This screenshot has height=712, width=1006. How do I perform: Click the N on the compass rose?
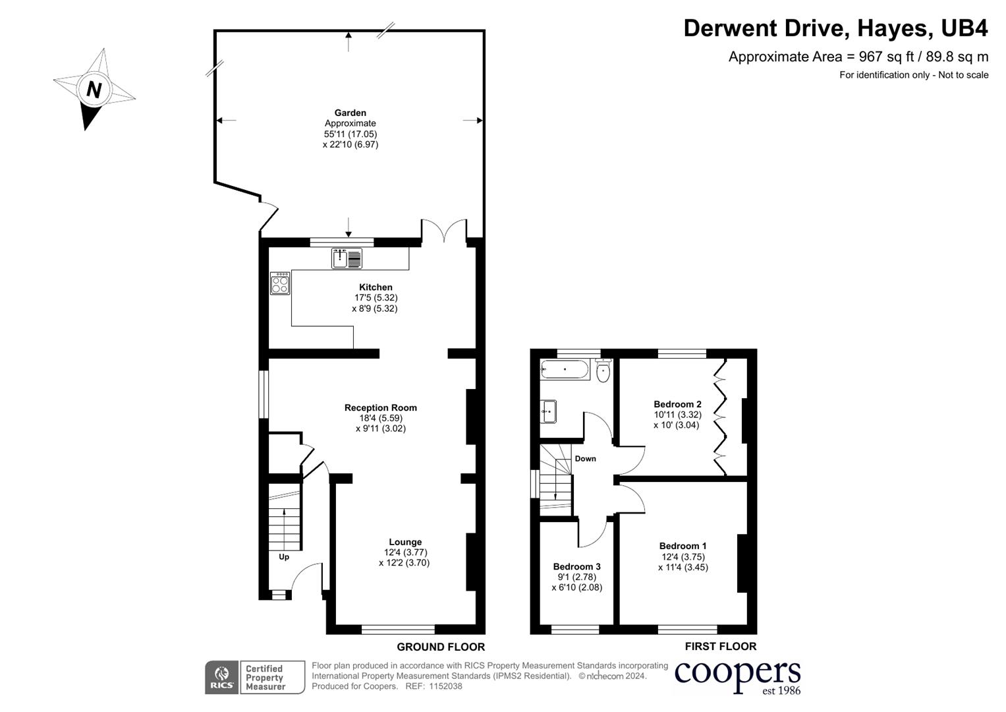pos(94,89)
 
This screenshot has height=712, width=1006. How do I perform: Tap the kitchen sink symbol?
pos(347,258)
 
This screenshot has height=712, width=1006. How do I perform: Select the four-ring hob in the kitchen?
pos(280,283)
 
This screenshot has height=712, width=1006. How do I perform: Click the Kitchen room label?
pos(376,287)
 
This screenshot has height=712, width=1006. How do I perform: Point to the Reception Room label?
pos(380,407)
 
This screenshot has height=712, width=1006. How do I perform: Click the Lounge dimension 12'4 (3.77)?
pos(405,552)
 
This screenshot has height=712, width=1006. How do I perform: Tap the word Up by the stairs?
pos(284,557)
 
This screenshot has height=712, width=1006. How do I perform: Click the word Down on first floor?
pos(585,459)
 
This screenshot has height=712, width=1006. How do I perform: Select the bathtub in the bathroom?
pos(565,370)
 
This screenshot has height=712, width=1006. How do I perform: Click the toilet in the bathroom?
pos(603,372)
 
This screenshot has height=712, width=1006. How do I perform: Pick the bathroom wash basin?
pos(548,411)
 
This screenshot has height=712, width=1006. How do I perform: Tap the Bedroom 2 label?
pos(677,404)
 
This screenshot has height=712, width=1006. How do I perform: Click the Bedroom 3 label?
pos(576,566)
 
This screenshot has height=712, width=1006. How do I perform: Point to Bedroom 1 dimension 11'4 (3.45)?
pos(683,567)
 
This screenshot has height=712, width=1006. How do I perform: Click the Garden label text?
pos(350,113)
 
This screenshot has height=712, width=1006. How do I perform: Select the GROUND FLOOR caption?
pos(440,647)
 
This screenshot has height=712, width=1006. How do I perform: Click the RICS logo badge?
pos(221,677)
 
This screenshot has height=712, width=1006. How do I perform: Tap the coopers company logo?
pos(737,675)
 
